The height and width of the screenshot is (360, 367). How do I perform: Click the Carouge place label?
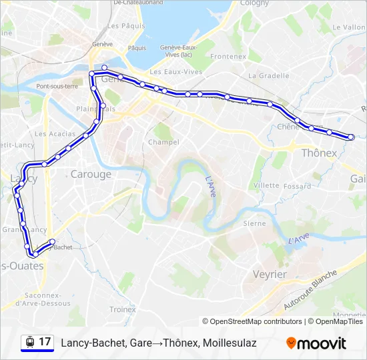(x=91, y=175)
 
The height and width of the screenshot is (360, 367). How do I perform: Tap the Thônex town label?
(x=320, y=153)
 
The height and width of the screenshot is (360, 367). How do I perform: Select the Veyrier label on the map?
(x=270, y=274)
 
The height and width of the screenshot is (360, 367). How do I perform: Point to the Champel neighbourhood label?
(x=163, y=142)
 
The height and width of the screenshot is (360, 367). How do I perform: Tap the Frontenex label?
(x=229, y=57)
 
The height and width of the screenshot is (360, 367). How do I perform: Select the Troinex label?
(x=123, y=309)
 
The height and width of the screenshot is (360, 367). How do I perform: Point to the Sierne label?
(x=254, y=223)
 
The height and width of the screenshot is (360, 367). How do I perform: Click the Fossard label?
(x=297, y=187)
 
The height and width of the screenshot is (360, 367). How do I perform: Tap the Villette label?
(x=266, y=185)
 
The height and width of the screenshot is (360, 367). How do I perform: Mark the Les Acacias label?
(x=49, y=133)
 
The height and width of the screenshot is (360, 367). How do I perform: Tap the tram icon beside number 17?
(x=29, y=342)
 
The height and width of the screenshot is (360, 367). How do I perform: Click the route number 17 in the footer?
(x=45, y=342)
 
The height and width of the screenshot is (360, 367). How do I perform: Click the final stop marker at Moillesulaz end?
(x=351, y=137)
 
